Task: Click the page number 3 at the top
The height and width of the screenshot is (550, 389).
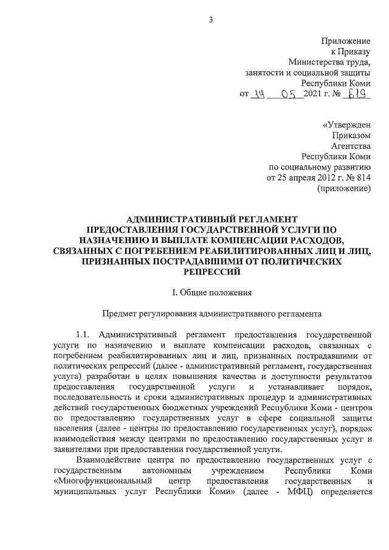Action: (x=210, y=20)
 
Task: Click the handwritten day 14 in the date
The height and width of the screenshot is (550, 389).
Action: (x=260, y=94)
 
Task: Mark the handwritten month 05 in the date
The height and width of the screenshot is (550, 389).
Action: (x=292, y=94)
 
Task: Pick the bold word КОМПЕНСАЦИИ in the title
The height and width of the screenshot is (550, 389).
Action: (x=241, y=240)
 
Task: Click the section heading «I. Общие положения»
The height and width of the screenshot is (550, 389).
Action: (x=210, y=294)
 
